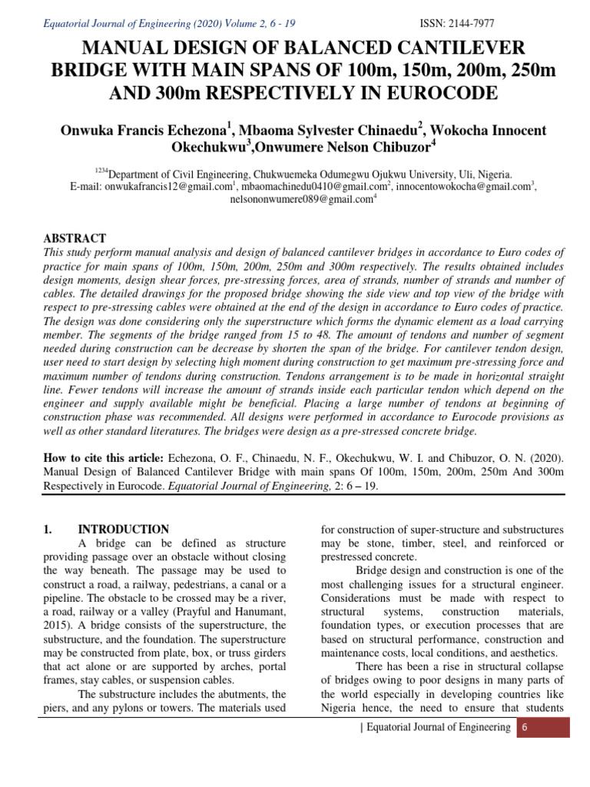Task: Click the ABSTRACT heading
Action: (75, 238)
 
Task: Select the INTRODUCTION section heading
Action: (124, 530)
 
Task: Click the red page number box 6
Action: (524, 728)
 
